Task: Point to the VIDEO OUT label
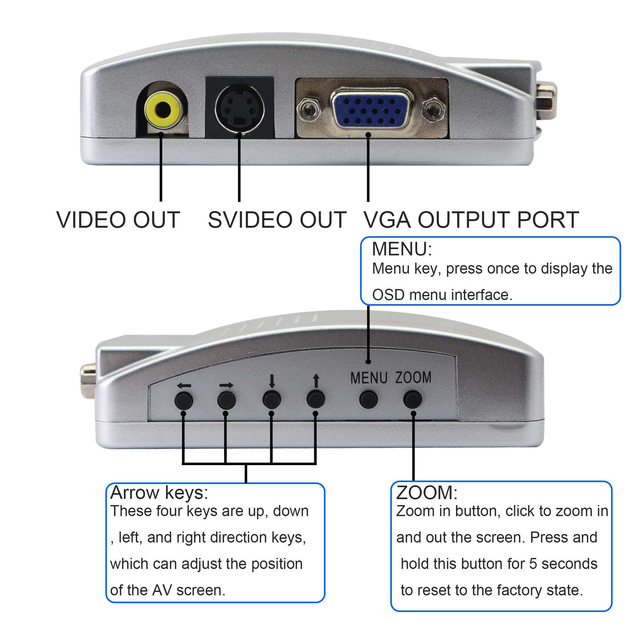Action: pyautogui.click(x=118, y=220)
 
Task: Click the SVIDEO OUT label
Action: pyautogui.click(x=277, y=220)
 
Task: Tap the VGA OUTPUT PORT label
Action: pyautogui.click(x=471, y=220)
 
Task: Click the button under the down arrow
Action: pyautogui.click(x=271, y=399)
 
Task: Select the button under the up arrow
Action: pyautogui.click(x=315, y=398)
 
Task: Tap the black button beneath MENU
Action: pyautogui.click(x=368, y=398)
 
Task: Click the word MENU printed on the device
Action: pyautogui.click(x=369, y=378)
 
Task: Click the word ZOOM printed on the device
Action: pyautogui.click(x=413, y=378)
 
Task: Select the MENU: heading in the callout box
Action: pyautogui.click(x=402, y=249)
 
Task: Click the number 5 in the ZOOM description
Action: pyautogui.click(x=533, y=564)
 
